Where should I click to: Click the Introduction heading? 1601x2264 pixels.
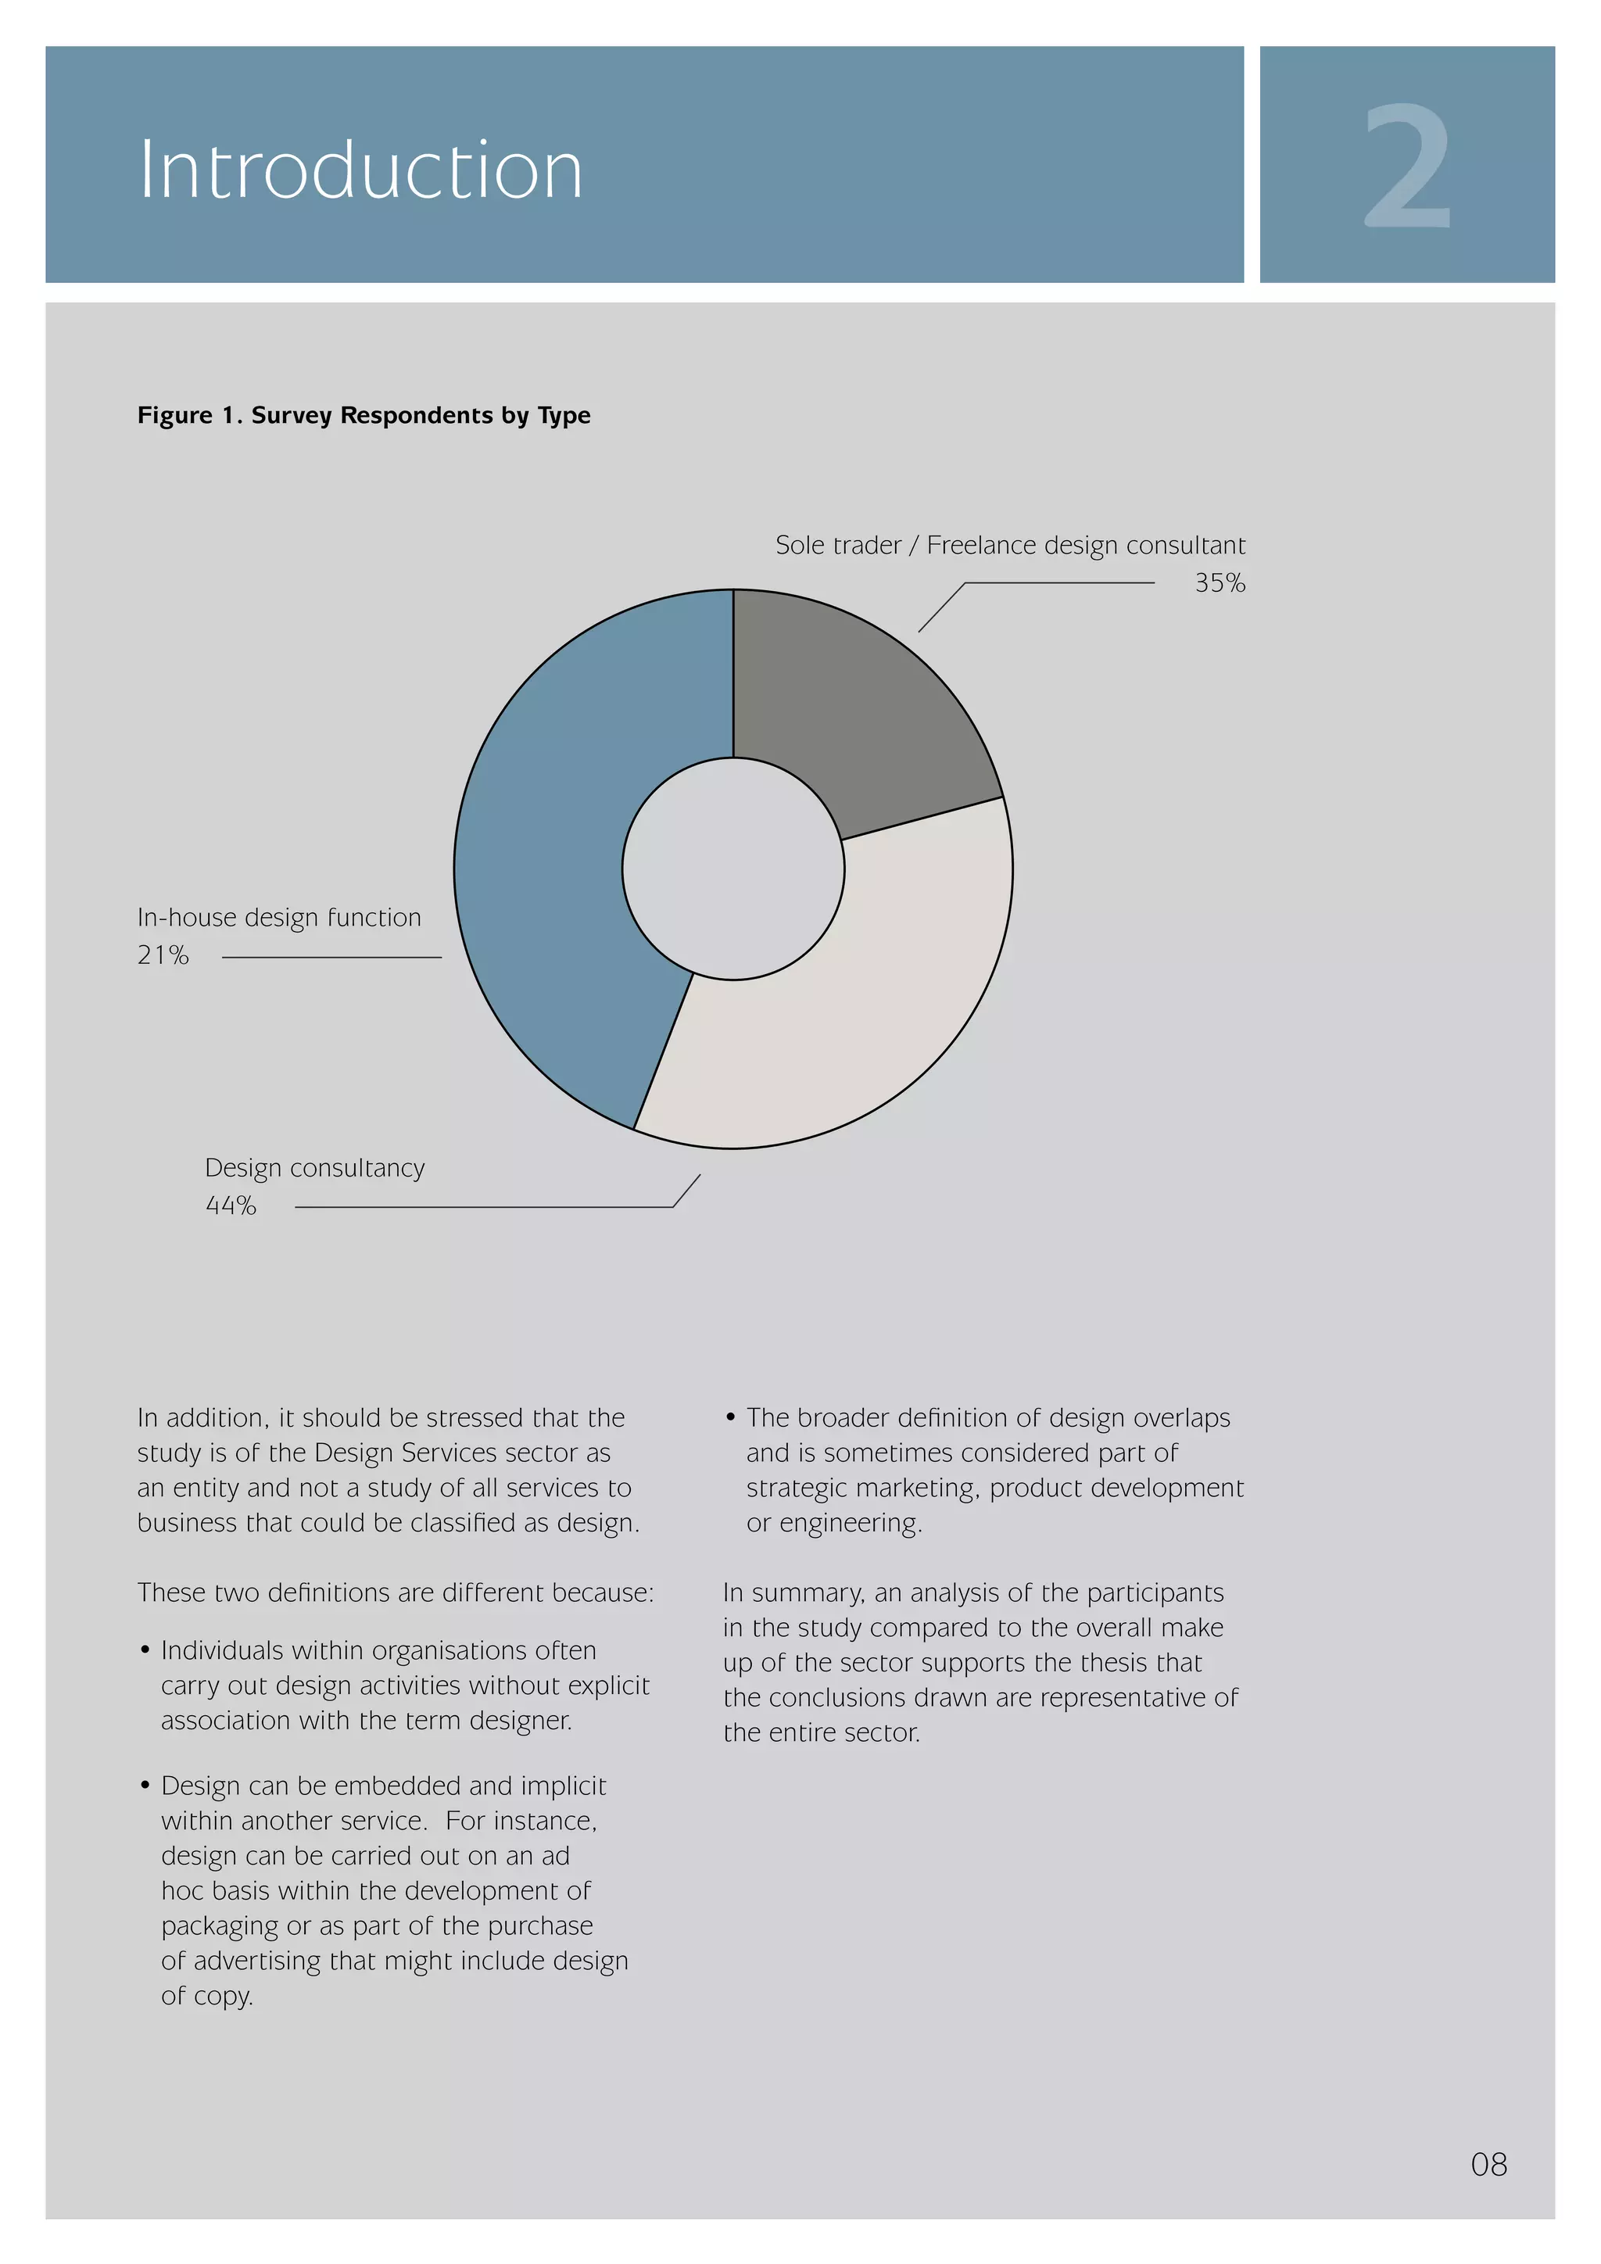361,170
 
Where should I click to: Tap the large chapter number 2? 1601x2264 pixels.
1407,166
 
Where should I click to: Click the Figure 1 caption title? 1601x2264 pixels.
364,415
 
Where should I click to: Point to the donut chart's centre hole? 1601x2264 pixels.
733,869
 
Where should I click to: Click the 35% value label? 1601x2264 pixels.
1220,584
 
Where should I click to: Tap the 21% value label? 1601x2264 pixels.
163,955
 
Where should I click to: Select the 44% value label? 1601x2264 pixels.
231,1206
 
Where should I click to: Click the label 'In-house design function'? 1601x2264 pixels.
279,918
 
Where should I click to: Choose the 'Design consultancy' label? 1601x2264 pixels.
314,1169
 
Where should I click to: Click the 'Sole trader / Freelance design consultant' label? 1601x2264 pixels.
1009,546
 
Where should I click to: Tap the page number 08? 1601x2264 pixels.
1488,2165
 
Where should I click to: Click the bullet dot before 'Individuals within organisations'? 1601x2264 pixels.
145,1650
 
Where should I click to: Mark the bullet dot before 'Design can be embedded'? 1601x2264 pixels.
145,1785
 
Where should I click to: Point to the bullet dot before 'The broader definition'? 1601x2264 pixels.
730,1417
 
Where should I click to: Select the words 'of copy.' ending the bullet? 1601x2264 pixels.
207,1996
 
